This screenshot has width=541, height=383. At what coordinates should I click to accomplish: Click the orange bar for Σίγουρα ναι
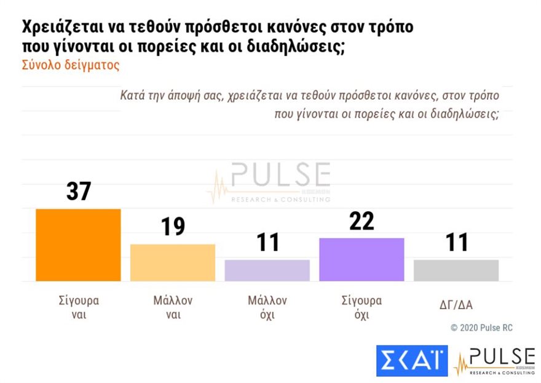click(x=78, y=245)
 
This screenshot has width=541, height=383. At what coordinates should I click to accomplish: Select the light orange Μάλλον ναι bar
click(x=173, y=262)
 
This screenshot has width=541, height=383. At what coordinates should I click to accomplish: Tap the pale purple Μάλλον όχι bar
click(x=267, y=270)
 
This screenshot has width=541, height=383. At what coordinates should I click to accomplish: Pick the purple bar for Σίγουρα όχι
click(x=361, y=259)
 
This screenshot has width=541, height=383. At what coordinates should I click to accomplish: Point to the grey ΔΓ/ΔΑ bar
click(x=456, y=270)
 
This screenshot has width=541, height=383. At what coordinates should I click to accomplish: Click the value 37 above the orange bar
click(x=79, y=191)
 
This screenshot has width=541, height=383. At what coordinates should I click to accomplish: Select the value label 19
click(x=173, y=227)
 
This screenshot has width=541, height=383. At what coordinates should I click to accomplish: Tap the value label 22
click(x=361, y=220)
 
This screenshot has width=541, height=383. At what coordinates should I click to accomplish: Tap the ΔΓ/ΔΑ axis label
click(x=456, y=304)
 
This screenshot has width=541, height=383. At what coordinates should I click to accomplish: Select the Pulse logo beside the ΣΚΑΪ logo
click(x=494, y=361)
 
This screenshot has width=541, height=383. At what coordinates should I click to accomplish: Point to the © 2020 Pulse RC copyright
click(x=481, y=328)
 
